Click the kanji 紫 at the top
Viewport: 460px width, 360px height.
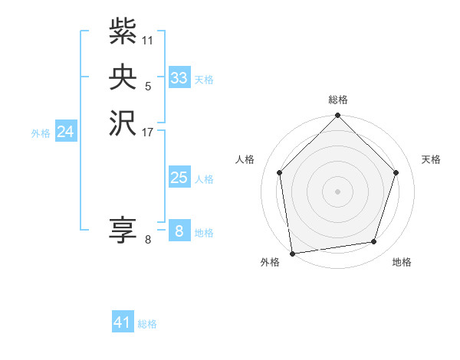tap(123, 31)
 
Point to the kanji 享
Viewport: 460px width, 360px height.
tap(123, 231)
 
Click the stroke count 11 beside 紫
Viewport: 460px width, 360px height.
tap(148, 40)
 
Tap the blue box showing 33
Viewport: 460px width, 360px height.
tap(179, 78)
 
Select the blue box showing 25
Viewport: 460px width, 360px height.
tap(179, 178)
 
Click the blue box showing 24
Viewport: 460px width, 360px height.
tap(66, 132)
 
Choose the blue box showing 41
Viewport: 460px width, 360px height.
tap(123, 322)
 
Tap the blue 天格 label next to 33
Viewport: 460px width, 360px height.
tap(204, 80)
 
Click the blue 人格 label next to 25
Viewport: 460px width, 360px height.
tap(204, 179)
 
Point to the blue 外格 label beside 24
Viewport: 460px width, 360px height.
tap(41, 133)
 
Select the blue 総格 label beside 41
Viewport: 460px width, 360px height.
tap(147, 324)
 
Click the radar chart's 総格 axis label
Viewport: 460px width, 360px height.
tap(337, 100)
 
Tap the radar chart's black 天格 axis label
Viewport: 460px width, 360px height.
tap(431, 159)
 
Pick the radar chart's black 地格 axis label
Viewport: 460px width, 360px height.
tap(402, 263)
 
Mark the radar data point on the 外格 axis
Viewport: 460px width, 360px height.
tap(292, 253)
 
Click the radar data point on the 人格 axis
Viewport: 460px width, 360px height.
tap(279, 172)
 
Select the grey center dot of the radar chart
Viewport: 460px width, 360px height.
tap(337, 191)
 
